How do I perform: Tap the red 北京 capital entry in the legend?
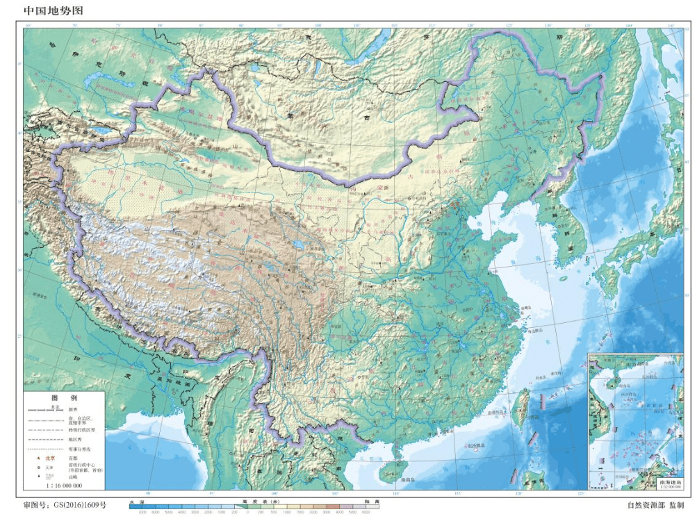(x=49, y=458)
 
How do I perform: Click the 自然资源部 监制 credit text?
(x=655, y=506)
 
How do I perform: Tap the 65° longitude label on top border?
(x=28, y=26)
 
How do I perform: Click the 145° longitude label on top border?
(x=670, y=26)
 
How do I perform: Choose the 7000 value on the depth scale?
(x=143, y=512)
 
